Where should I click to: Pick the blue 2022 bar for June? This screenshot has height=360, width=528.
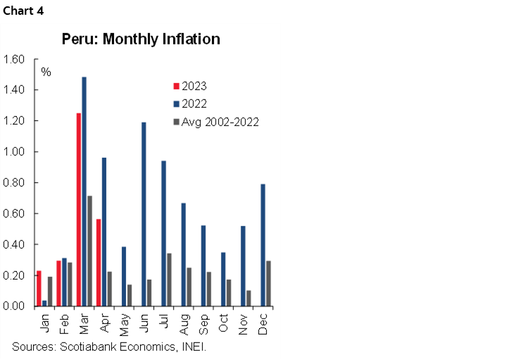click(x=144, y=214)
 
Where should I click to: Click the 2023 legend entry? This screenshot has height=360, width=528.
click(x=193, y=87)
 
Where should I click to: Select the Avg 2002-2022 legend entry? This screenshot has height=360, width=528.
click(x=215, y=122)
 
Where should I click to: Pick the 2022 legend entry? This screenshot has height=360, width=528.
click(x=193, y=104)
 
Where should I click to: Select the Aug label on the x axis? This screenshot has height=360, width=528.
click(x=184, y=322)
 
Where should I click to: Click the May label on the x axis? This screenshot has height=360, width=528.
click(x=124, y=322)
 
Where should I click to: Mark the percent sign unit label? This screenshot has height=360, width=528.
click(x=46, y=72)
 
